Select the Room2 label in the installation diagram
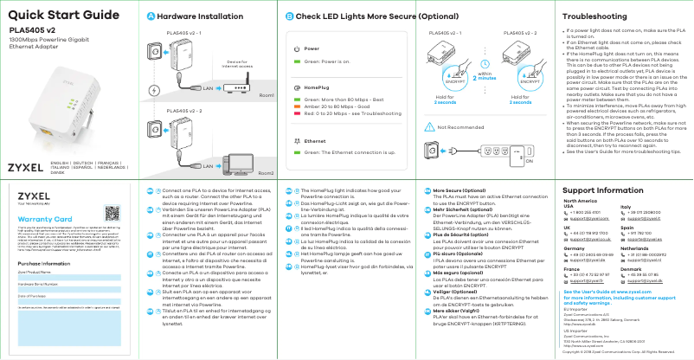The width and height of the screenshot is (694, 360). point(267,173)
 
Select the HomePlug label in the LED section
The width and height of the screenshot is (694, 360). point(318,89)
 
